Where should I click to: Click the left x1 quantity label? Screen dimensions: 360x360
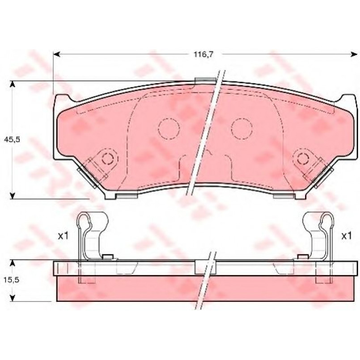pos(63,236)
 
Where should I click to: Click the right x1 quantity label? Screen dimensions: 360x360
pos(347,236)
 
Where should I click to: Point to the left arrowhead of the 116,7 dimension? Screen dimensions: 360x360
pos(56,54)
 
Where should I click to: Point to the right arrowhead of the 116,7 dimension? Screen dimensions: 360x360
pos(354,54)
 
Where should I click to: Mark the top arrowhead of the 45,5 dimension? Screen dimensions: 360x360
pos(13,84)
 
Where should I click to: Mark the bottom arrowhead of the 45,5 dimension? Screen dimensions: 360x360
pos(13,195)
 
